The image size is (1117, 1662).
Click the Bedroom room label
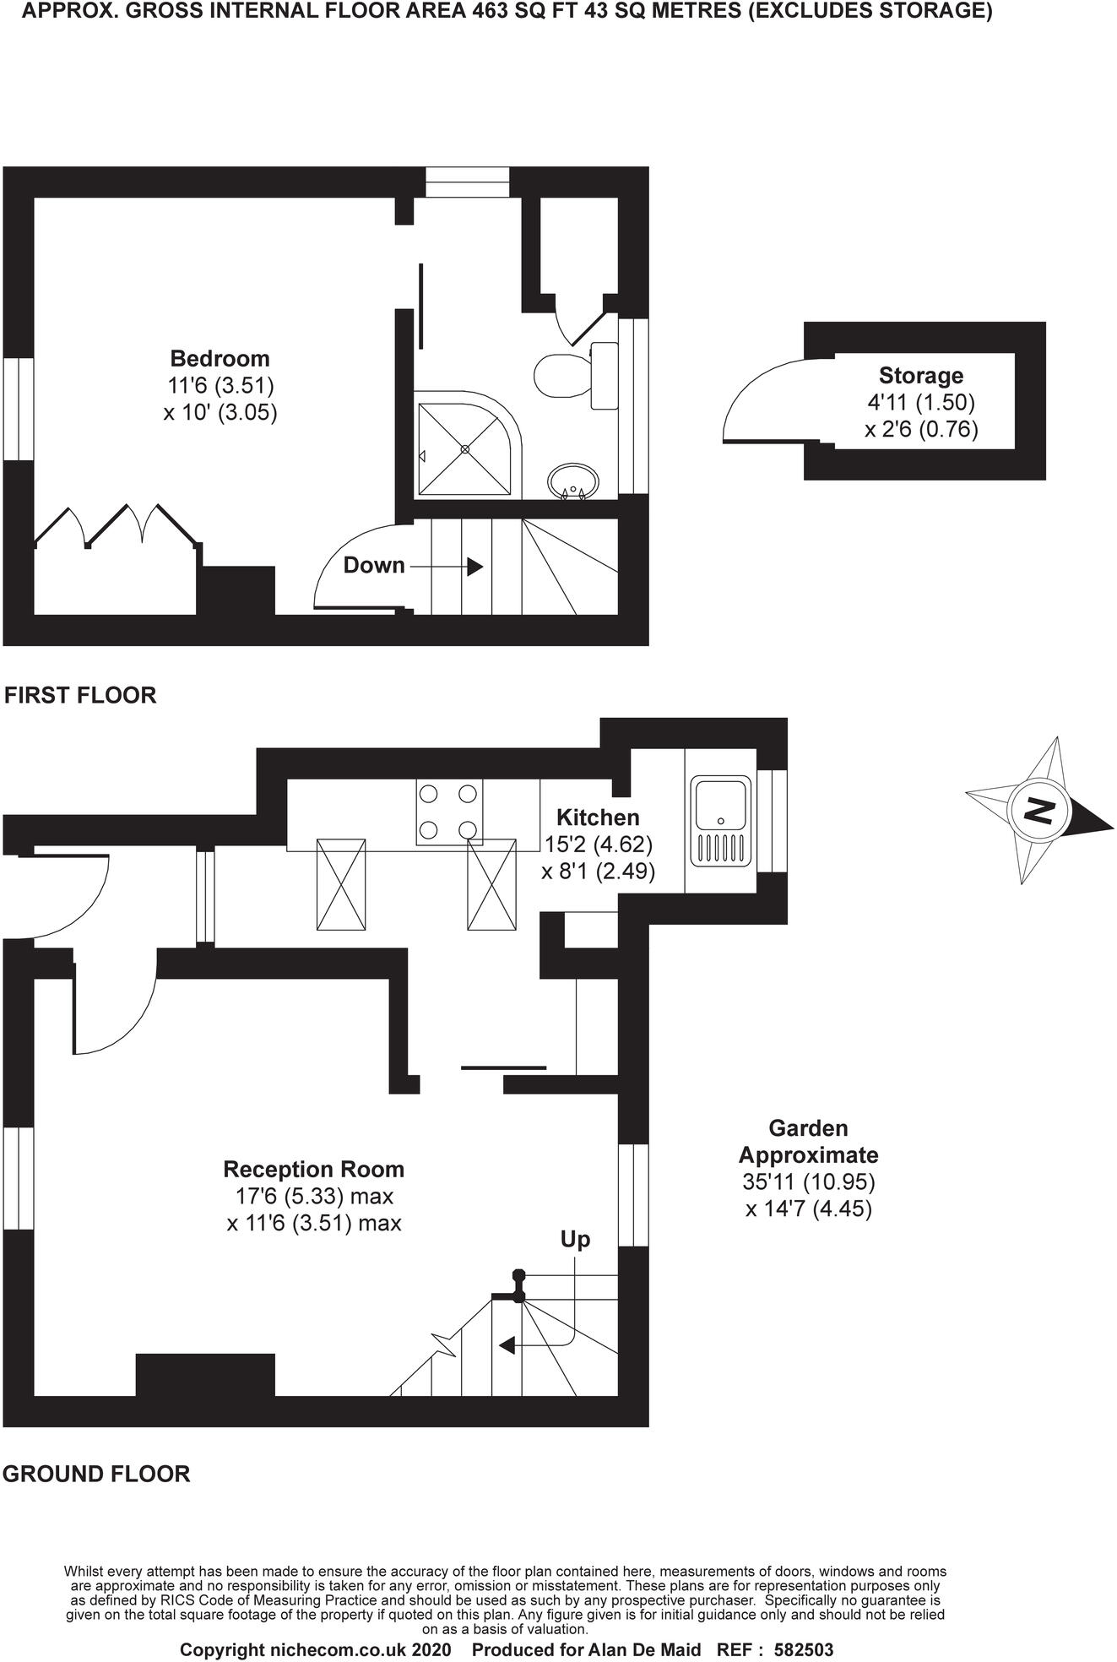pos(220,358)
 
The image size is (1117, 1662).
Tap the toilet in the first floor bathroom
pos(561,374)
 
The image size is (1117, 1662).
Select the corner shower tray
pos(464,449)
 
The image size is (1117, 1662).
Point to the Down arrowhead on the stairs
pos(475,566)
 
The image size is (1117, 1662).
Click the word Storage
pos(920,376)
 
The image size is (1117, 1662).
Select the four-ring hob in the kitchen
pos(449,812)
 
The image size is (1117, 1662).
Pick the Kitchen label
pos(598,817)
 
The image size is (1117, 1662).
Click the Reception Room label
pos(313,1170)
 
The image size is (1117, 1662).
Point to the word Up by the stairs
pos(575,1240)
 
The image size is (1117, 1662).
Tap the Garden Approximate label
pos(808,1141)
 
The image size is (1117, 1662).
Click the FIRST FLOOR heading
pos(80,695)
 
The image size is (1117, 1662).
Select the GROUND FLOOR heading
pos(96,1474)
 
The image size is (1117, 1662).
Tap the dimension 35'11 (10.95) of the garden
pos(808,1181)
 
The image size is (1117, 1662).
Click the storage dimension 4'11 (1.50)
pos(920,403)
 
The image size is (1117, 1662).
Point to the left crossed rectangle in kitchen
pos(341,885)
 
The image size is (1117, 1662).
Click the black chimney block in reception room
pos(205,1375)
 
